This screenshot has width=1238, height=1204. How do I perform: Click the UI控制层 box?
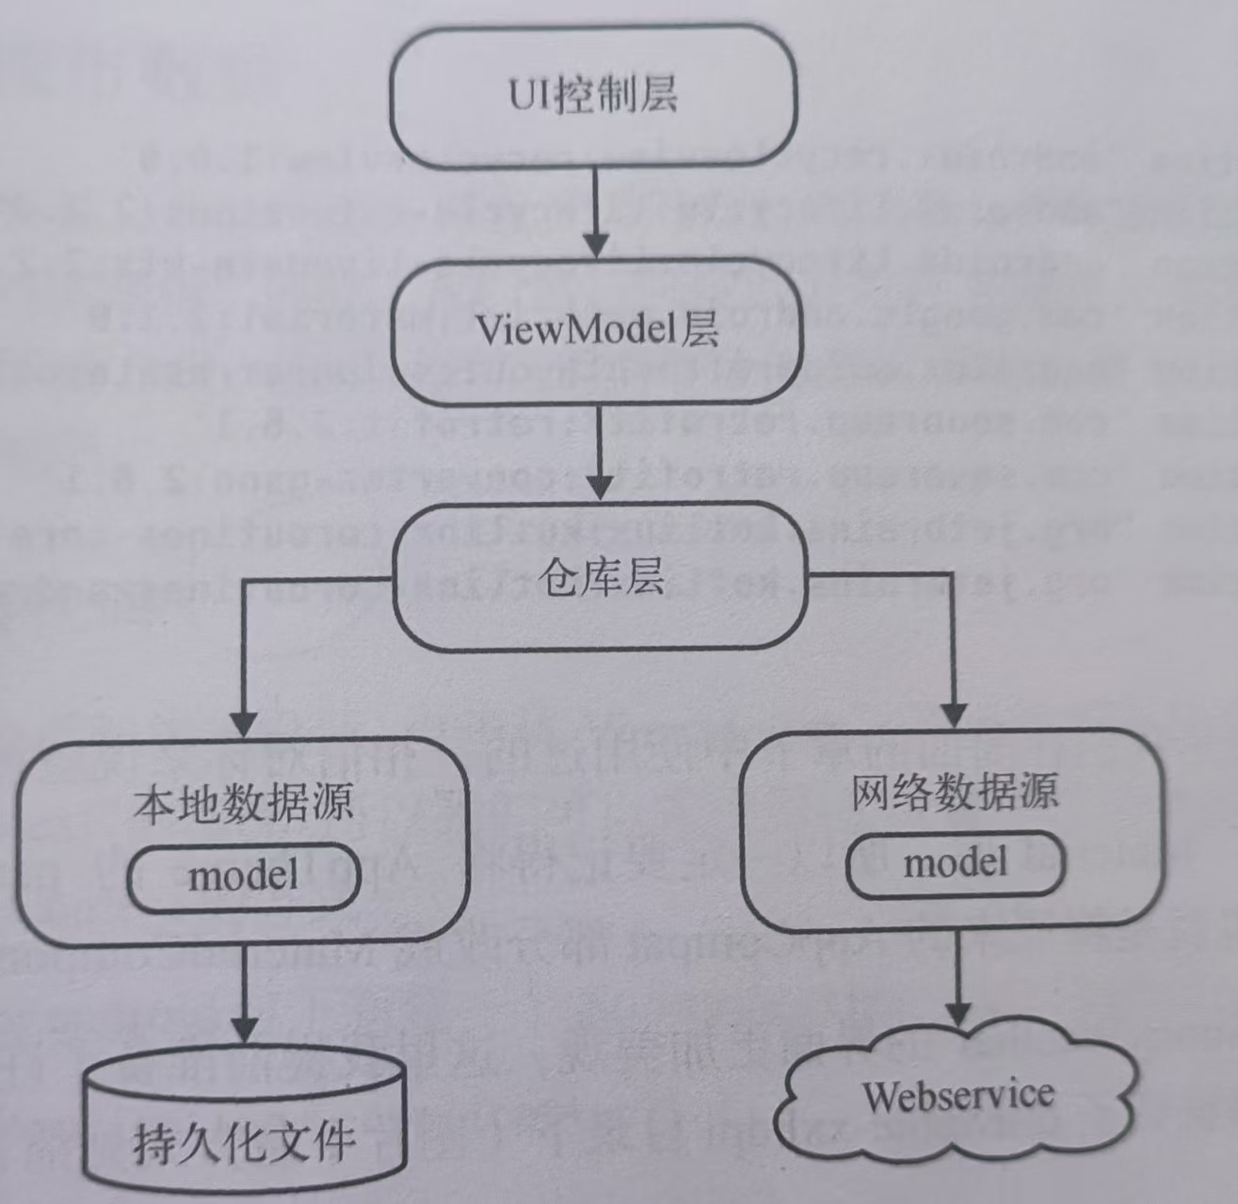click(x=593, y=96)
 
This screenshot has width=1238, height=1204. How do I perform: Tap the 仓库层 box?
click(x=599, y=578)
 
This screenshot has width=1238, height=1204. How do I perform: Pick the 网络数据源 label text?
click(x=954, y=792)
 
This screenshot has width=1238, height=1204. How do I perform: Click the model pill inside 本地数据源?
click(x=244, y=877)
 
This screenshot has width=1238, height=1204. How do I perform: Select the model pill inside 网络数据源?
click(x=955, y=863)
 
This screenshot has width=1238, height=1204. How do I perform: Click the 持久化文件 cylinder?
click(x=244, y=1120)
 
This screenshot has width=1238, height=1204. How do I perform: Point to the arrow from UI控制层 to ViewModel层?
click(x=595, y=212)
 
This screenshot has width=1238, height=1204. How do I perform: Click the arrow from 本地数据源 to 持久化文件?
click(x=244, y=993)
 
